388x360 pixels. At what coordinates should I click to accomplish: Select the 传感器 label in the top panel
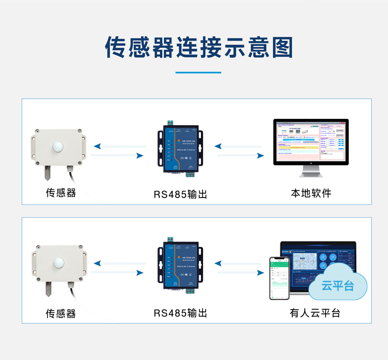tap(61, 192)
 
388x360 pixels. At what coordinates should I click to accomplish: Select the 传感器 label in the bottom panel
tap(61, 313)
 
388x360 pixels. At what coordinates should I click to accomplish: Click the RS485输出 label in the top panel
tap(180, 194)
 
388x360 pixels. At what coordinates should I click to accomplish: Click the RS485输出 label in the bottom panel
tap(180, 313)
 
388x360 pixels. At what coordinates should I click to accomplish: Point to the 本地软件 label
tap(311, 193)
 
